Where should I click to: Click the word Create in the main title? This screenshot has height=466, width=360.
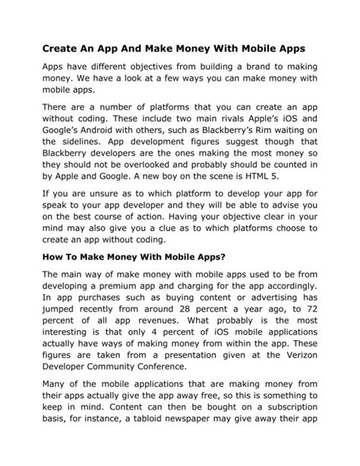tap(64, 49)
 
